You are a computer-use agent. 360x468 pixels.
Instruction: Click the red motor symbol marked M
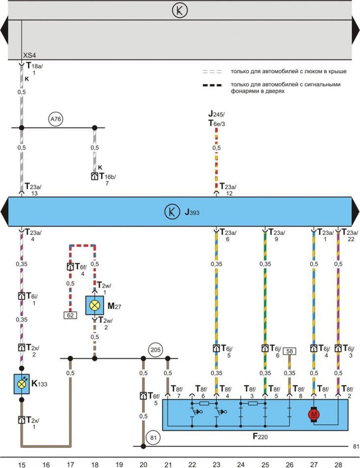coord(313,414)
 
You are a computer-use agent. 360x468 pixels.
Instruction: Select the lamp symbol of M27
coord(95,305)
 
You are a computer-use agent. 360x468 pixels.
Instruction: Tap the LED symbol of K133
coord(22,384)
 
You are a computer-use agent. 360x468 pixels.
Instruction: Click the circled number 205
coord(155,350)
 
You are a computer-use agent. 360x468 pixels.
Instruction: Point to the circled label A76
coord(55,119)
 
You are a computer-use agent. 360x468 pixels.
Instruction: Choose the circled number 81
coord(153,438)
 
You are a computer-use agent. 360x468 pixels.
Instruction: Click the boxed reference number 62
coord(70,315)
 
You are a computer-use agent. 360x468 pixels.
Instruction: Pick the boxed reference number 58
coord(290,351)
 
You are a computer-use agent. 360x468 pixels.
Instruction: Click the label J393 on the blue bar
coord(192,212)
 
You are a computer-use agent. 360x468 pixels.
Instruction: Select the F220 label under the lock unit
coord(260,437)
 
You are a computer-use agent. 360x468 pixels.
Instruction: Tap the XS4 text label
coord(29,56)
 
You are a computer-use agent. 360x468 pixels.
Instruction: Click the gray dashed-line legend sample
coord(212,72)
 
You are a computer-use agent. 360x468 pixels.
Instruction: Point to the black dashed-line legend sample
coord(212,85)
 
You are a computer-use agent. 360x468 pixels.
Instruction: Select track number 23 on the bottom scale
coord(217,465)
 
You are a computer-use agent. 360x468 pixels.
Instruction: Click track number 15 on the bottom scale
coord(22,465)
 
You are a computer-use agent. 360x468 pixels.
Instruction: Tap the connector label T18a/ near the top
coord(34,66)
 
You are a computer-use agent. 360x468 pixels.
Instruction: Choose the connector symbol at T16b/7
coord(95,176)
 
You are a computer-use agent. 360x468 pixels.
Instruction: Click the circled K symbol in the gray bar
coord(180,10)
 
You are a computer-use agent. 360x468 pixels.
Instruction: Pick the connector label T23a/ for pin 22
coord(350,232)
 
